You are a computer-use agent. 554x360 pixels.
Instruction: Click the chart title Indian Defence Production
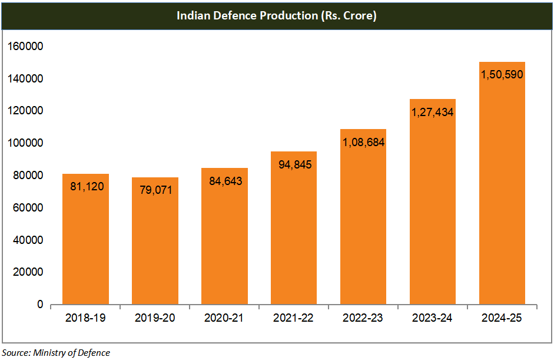pyautogui.click(x=277, y=16)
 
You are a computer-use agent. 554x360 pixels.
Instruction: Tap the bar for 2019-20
pyautogui.click(x=155, y=247)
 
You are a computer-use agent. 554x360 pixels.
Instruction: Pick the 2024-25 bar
pyautogui.click(x=502, y=194)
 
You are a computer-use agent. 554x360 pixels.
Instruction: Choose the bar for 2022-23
pyautogui.click(x=363, y=224)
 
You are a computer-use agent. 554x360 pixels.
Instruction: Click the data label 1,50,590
pyautogui.click(x=502, y=75)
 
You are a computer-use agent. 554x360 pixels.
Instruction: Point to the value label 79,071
pyautogui.click(x=155, y=190)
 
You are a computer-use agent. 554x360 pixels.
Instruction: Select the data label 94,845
pyautogui.click(x=294, y=164)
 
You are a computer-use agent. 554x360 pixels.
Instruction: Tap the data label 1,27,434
pyautogui.click(x=433, y=112)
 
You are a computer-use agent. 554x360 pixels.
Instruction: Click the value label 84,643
pyautogui.click(x=224, y=181)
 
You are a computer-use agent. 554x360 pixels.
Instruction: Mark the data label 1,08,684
pyautogui.click(x=363, y=142)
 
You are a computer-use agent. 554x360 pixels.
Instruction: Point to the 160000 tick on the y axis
pyautogui.click(x=25, y=47)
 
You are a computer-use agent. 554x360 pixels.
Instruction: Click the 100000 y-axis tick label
pyautogui.click(x=25, y=143)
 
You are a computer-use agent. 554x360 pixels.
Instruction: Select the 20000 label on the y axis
pyautogui.click(x=27, y=273)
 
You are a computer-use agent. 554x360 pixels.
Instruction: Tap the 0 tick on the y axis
pyautogui.click(x=41, y=305)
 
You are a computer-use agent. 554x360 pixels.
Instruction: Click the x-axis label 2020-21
pyautogui.click(x=224, y=318)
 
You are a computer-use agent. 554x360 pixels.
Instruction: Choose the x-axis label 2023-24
pyautogui.click(x=433, y=318)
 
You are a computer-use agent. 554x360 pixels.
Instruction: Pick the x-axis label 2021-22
pyautogui.click(x=294, y=318)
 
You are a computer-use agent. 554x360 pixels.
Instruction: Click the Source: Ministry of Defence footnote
pyautogui.click(x=56, y=353)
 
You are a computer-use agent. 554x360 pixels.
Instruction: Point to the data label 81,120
pyautogui.click(x=85, y=187)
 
